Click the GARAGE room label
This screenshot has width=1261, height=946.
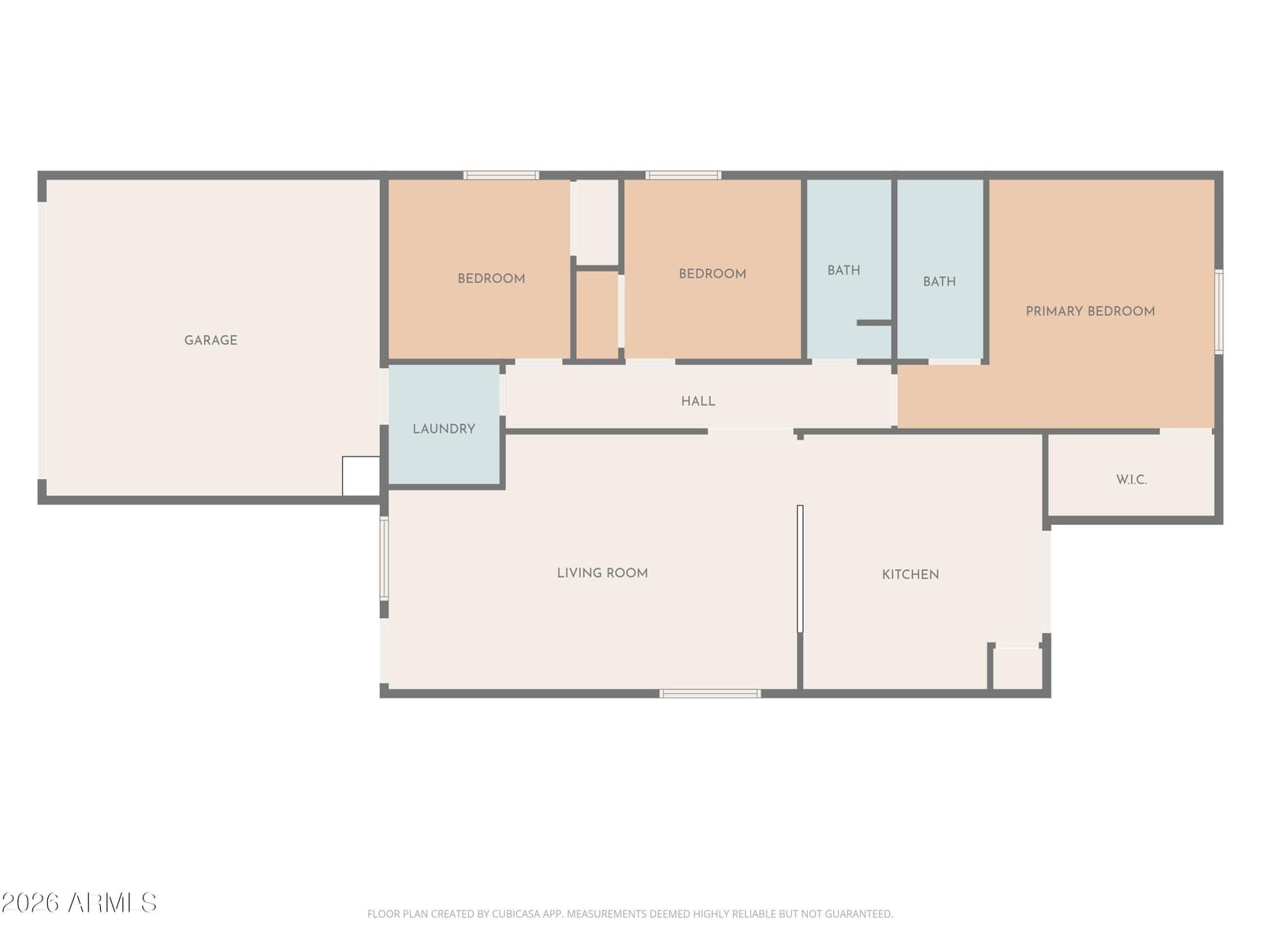tap(210, 340)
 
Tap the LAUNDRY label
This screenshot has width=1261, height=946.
tap(444, 429)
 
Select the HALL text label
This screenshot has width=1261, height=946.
tap(698, 401)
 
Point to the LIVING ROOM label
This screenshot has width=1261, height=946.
tap(602, 572)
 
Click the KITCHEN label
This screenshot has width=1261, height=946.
tap(910, 575)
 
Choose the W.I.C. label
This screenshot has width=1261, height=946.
tap(1131, 479)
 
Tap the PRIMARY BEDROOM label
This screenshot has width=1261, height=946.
tap(1090, 311)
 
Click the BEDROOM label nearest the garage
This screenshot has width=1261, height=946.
tap(491, 278)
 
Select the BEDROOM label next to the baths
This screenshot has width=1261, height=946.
tap(712, 274)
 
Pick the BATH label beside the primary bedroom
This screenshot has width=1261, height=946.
tap(939, 281)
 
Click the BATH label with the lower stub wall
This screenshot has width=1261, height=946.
tap(843, 270)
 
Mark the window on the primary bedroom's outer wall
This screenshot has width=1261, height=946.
tap(1218, 311)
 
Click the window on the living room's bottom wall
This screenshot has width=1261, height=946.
tap(710, 694)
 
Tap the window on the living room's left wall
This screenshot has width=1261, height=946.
tap(384, 558)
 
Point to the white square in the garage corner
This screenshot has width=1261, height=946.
tap(361, 476)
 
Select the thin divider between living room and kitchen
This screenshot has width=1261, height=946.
tap(800, 568)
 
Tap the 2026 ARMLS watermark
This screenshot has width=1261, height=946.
tap(79, 903)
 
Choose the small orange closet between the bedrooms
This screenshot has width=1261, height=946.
tap(597, 315)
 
